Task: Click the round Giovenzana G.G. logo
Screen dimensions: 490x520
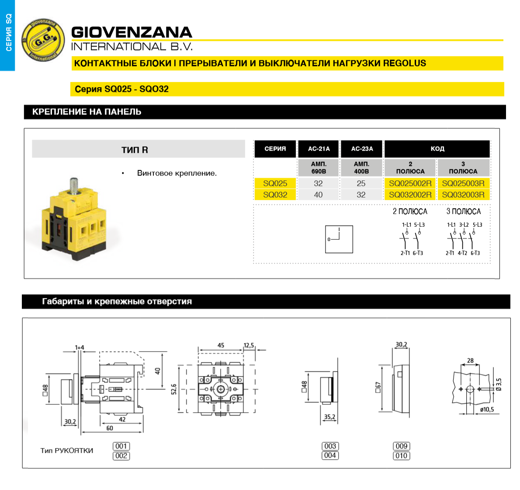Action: coord(43,40)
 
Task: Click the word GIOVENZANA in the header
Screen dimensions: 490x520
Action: coord(132,32)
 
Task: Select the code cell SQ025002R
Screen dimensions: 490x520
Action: coord(410,183)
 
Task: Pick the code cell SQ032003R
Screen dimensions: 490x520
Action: coord(463,195)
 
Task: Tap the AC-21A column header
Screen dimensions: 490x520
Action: coord(319,149)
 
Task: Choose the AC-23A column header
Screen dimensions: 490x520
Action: coord(362,149)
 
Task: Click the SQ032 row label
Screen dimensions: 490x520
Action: coord(275,195)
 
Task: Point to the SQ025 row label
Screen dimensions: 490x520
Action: coord(275,183)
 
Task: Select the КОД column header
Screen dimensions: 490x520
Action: coord(437,149)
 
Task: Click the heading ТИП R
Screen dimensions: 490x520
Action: coord(135,150)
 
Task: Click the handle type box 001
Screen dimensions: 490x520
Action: coord(121,446)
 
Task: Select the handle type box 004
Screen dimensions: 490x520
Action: coord(330,455)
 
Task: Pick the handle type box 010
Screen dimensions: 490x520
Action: coord(401,455)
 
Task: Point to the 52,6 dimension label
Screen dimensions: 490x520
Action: coord(174,389)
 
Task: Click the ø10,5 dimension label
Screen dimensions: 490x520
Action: coord(487,409)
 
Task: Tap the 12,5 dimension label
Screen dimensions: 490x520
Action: coord(249,345)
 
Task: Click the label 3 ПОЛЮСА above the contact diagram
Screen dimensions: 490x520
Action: coord(463,211)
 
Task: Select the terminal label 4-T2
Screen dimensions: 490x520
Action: coord(462,253)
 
